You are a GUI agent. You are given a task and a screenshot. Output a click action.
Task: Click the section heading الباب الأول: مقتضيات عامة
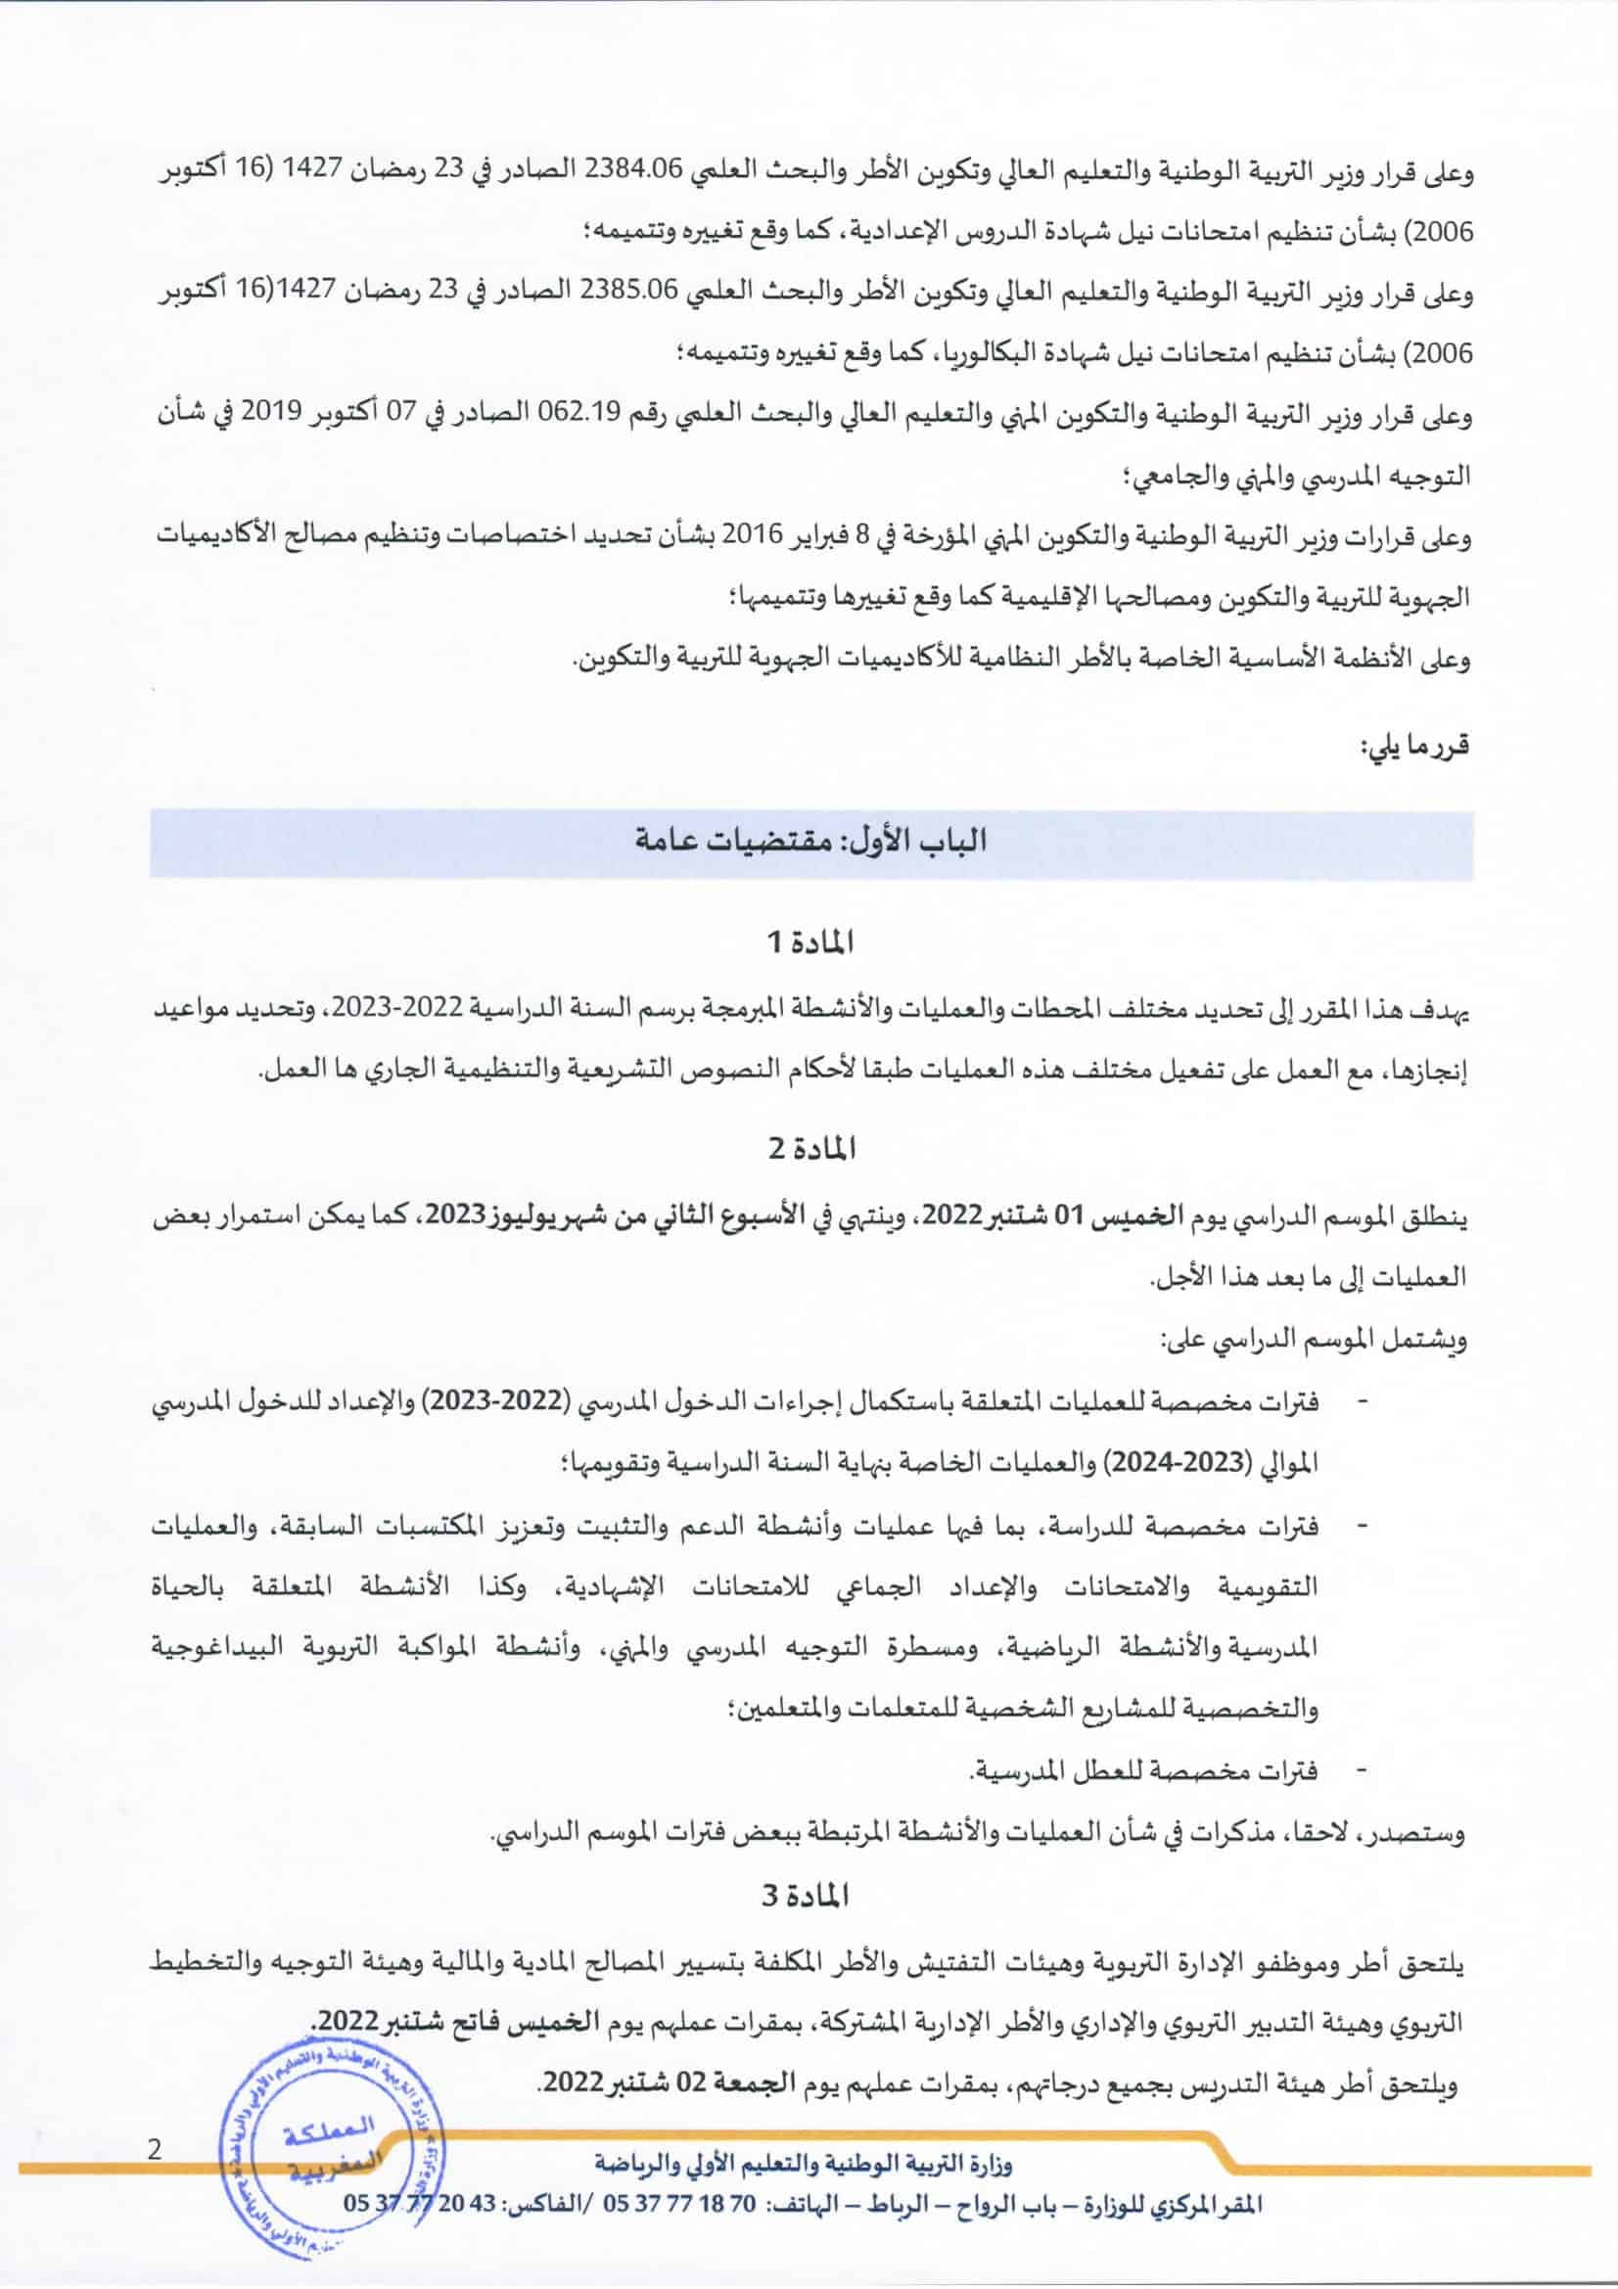[810, 841]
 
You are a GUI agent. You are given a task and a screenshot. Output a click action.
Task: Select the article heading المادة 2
[809, 1150]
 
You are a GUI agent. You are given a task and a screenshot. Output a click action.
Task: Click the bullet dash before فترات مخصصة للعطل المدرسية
[1361, 1765]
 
